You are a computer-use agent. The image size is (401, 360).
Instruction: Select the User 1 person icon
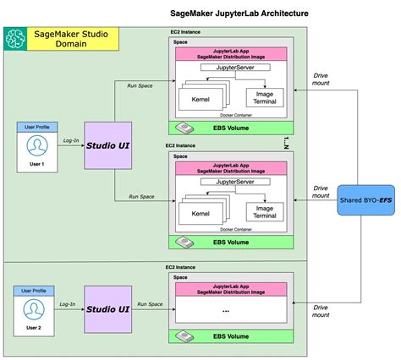pos(36,147)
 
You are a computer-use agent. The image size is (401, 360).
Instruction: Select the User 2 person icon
pos(33,308)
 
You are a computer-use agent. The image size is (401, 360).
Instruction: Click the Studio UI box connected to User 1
pos(107,146)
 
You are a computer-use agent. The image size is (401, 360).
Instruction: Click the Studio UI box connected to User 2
pos(107,310)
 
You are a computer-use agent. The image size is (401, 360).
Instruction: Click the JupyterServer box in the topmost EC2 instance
pos(231,66)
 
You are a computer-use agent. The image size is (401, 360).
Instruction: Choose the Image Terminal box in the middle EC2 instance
pos(265,210)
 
